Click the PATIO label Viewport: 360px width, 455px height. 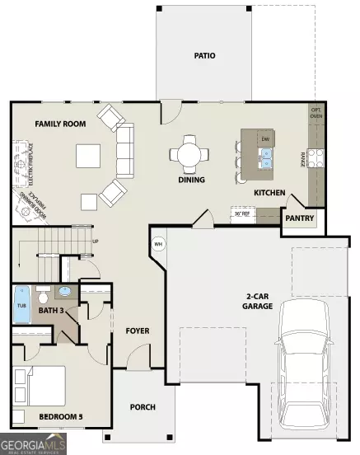[205, 57]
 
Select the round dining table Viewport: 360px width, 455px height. [193, 154]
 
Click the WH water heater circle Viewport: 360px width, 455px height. [158, 243]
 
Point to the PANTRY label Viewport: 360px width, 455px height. [300, 219]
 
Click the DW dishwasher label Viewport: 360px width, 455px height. [265, 140]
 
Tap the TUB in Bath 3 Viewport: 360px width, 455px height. [22, 304]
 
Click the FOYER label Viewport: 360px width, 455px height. [136, 331]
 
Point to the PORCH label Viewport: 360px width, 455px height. [143, 407]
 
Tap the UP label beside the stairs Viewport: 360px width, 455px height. [95, 242]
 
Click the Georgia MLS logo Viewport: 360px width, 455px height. [33, 446]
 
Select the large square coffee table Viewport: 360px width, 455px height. [88, 155]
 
